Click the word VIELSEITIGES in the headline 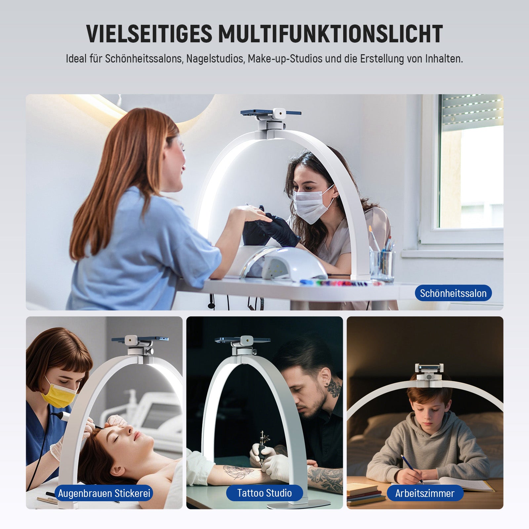(149, 34)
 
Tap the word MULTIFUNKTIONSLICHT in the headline (330, 34)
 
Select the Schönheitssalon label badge (453, 293)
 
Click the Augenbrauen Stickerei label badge (104, 493)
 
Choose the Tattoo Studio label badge (264, 493)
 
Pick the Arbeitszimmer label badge (425, 493)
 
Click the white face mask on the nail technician (312, 205)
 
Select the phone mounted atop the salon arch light (270, 112)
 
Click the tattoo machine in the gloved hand (263, 446)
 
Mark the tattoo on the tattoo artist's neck (334, 388)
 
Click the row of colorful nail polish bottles (341, 283)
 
